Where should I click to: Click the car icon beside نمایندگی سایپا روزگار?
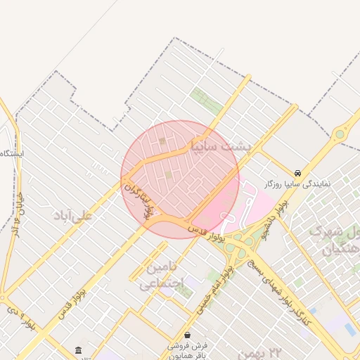click(298, 172)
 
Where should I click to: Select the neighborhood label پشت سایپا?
click(220, 146)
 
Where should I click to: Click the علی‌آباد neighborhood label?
click(72, 216)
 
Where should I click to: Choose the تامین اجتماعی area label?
click(162, 275)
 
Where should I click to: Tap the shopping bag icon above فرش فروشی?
click(186, 335)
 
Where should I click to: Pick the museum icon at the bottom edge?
click(77, 350)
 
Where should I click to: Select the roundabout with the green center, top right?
click(341, 133)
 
